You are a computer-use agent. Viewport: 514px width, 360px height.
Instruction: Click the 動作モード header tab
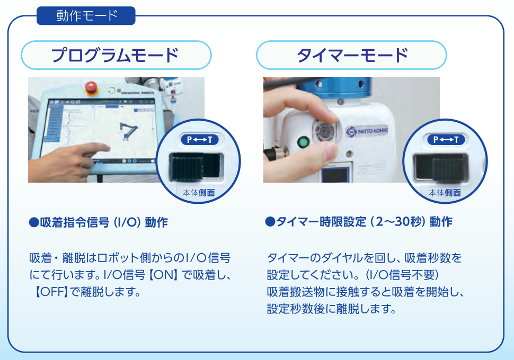click(x=86, y=15)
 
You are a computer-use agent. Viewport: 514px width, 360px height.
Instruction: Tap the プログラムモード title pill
click(x=116, y=55)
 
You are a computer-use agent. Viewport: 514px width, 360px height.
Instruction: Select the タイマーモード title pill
click(x=351, y=55)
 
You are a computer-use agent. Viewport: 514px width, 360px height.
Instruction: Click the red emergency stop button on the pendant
click(x=91, y=88)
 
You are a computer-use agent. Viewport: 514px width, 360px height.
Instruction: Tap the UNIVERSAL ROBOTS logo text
click(x=137, y=93)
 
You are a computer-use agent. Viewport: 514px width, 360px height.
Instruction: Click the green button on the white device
click(x=303, y=143)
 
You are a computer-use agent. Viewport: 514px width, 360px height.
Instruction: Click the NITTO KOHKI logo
click(x=367, y=131)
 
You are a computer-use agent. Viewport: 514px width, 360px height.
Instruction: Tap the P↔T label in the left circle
click(x=200, y=140)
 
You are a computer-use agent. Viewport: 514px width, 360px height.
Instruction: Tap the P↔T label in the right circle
click(x=446, y=140)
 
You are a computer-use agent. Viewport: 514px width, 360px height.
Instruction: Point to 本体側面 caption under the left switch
click(x=199, y=193)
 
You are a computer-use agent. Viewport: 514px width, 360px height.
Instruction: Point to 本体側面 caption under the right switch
click(x=445, y=193)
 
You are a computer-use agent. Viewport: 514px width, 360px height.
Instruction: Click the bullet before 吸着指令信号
click(x=34, y=222)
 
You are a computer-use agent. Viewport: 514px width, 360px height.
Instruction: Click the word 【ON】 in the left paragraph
click(x=163, y=275)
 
